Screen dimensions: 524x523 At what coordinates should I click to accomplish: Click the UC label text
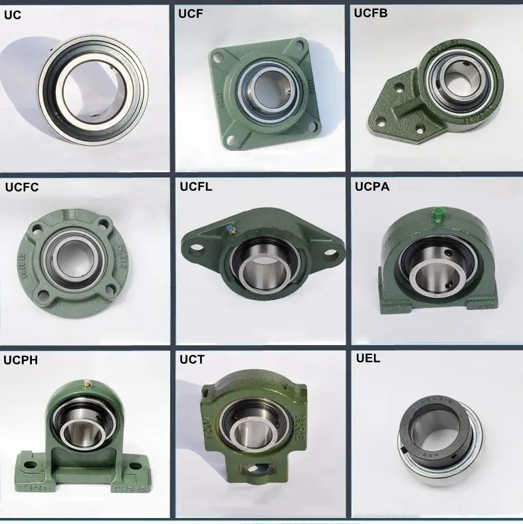point(13,14)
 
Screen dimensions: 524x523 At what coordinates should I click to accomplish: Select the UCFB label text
point(369,13)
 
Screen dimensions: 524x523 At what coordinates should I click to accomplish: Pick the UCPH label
point(21,361)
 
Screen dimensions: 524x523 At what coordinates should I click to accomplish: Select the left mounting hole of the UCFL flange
point(197,251)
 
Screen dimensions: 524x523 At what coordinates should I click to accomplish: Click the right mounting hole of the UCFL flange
point(330,253)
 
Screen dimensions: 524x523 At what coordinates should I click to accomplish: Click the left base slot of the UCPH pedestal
point(29,459)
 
